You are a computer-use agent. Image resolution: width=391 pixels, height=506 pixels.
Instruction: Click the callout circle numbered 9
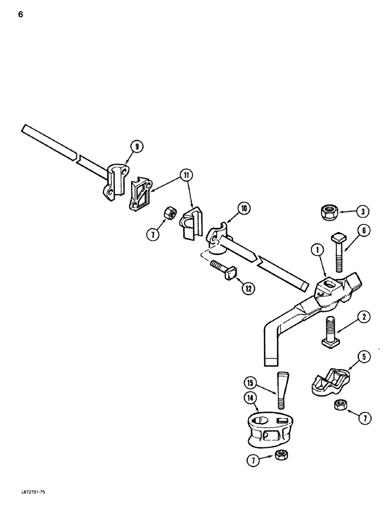point(136,147)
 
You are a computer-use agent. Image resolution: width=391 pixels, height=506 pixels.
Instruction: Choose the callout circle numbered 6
point(363,231)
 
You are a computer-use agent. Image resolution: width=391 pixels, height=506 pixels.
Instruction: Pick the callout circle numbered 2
point(364,318)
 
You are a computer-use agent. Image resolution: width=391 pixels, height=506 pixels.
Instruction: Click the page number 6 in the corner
point(20,14)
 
